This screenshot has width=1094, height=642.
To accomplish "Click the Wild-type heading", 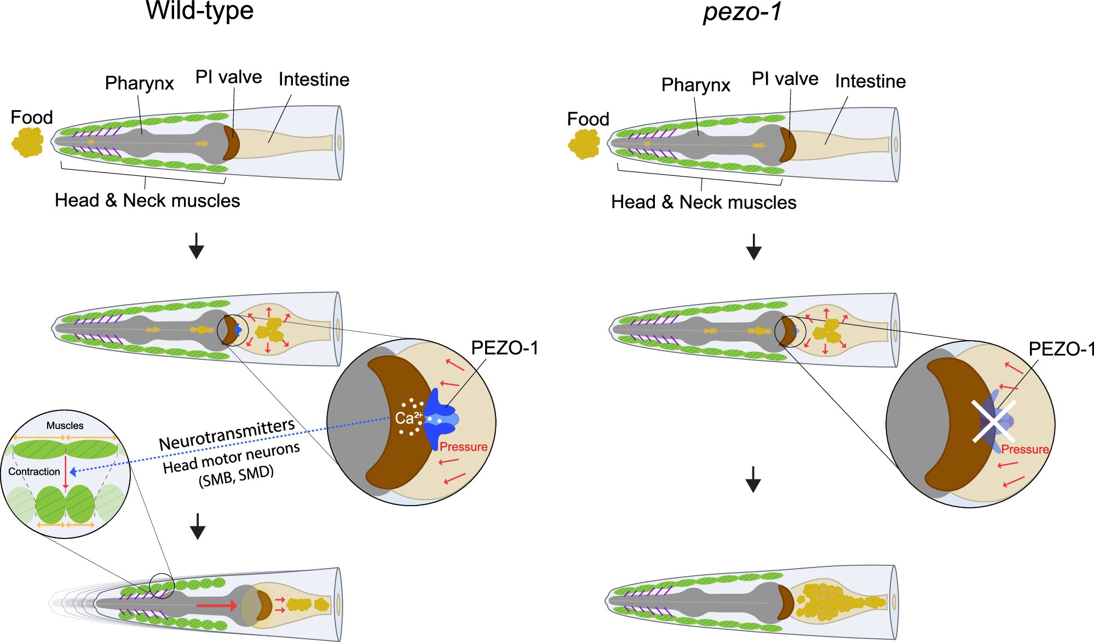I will pos(199,11).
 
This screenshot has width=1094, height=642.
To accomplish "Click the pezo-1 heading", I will pos(742,12).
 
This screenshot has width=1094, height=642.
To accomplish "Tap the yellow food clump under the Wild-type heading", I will pos(28,142).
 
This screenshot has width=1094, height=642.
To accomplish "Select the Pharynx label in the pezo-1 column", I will pos(695,85).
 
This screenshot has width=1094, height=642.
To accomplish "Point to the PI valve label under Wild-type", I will pos(228,77).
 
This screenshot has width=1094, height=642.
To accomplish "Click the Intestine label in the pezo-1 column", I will pos(870,82).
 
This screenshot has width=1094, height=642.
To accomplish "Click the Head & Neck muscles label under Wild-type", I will pos(147,200).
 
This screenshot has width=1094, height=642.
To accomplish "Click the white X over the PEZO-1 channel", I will pos(993,421).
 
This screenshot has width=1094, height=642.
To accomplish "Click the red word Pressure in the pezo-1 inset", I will pos(1024,450).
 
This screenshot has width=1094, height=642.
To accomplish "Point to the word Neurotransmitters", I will pos(227,435).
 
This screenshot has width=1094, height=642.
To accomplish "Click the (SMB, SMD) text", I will pos(236,476).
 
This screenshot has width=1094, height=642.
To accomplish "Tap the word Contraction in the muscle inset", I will pos(34,472).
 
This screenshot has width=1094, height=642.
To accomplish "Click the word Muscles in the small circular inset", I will pos(65,426).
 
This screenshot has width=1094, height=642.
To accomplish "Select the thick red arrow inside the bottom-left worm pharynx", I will pos(216,605).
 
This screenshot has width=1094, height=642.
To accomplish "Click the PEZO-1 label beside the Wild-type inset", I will pos(504,348).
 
